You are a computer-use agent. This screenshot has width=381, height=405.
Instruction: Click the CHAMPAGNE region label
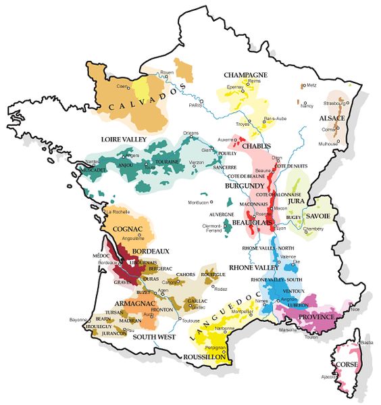(x=246, y=74)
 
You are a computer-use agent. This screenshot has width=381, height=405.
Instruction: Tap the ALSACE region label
(x=332, y=118)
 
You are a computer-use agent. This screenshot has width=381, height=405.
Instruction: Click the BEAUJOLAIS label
(x=253, y=221)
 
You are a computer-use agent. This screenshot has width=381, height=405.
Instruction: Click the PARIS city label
(x=196, y=105)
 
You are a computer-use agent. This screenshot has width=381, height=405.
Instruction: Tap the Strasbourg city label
(x=335, y=103)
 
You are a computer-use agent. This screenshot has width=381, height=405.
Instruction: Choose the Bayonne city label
(x=78, y=319)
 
